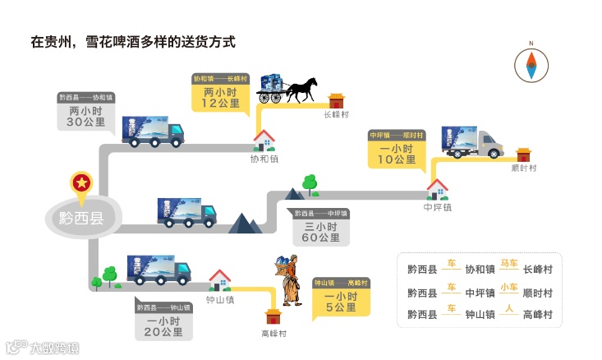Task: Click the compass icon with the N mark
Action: click(x=531, y=62)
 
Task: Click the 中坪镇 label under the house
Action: click(x=437, y=207)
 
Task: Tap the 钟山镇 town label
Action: click(x=220, y=300)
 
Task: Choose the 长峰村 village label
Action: click(x=337, y=115)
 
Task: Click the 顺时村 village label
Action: click(x=523, y=168)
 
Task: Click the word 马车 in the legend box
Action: click(x=509, y=264)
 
